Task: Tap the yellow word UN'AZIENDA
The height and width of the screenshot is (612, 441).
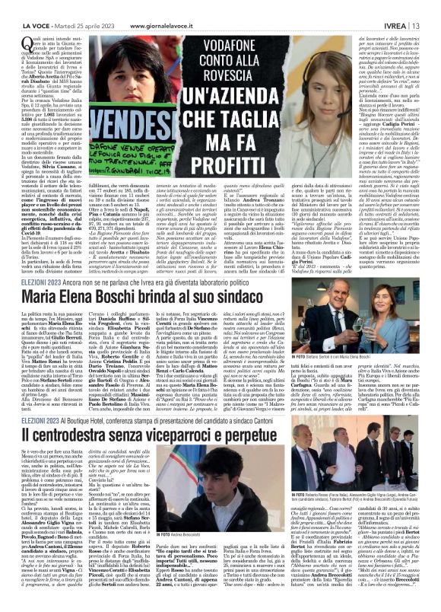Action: point(234,97)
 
